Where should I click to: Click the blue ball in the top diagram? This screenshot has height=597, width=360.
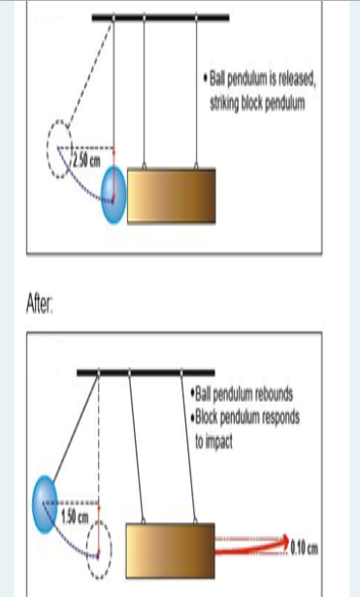pos(115,187)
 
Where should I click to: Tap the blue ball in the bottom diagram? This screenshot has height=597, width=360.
pos(49,504)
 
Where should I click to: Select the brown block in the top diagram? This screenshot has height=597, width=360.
pos(171,194)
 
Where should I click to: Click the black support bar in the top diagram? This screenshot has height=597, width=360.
pos(160,17)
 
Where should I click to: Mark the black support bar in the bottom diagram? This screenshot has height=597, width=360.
pos(146,372)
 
